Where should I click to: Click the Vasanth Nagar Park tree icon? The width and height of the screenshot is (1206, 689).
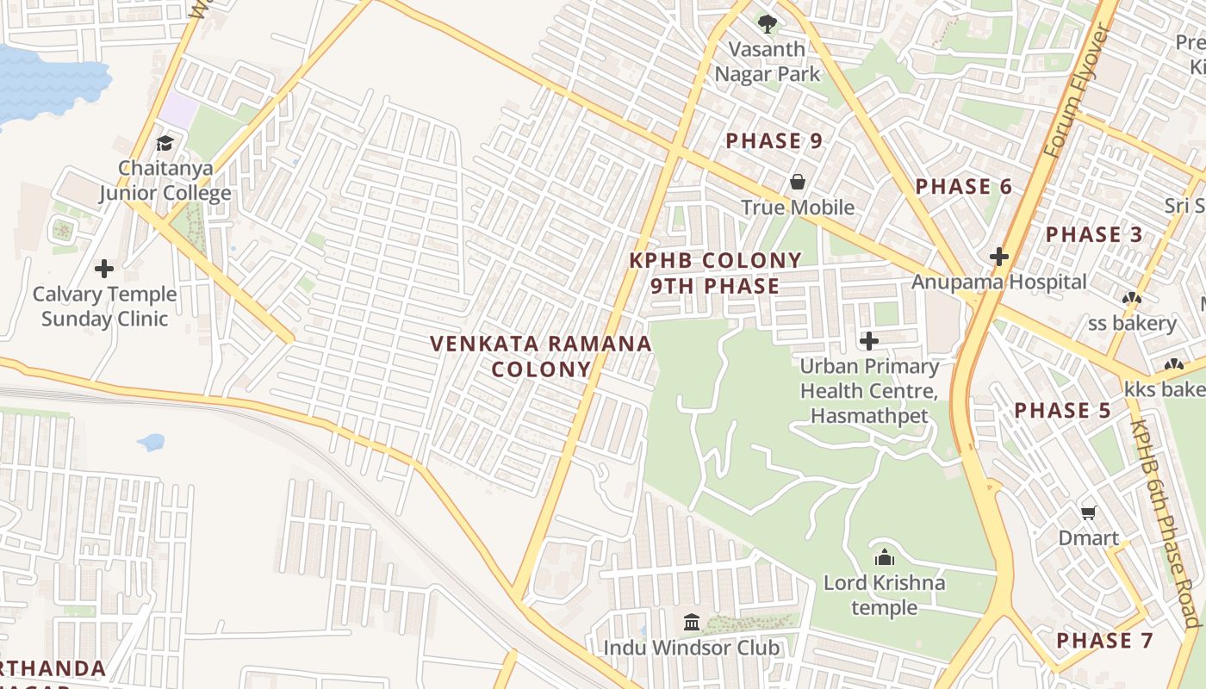767,23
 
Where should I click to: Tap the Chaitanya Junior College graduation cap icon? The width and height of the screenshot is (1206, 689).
165,143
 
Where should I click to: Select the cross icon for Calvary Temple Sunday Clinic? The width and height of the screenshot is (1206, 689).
104,269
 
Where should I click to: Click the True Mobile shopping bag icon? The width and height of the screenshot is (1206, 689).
798,182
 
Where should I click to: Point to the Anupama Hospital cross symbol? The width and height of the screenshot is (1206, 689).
999,257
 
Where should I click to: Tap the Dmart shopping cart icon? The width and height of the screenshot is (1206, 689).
1089,513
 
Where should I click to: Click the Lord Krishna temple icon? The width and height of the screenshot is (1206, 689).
884,558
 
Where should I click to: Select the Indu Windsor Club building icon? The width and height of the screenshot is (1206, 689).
692,622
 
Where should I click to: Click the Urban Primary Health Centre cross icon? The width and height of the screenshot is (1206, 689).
869,341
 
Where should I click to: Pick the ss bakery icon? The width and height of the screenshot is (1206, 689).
1132,299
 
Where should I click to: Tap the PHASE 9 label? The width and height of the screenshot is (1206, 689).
774,141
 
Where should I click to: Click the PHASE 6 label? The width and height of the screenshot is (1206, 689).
963,187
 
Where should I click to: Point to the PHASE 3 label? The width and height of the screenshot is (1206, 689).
1094,234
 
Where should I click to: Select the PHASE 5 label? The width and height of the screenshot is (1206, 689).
1063,411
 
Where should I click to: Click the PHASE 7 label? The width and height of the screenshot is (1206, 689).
1104,641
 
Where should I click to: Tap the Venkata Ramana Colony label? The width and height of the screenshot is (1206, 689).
541,357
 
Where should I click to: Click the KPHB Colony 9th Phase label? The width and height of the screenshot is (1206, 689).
715,273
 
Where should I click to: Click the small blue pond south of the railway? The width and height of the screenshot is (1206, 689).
151,443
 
